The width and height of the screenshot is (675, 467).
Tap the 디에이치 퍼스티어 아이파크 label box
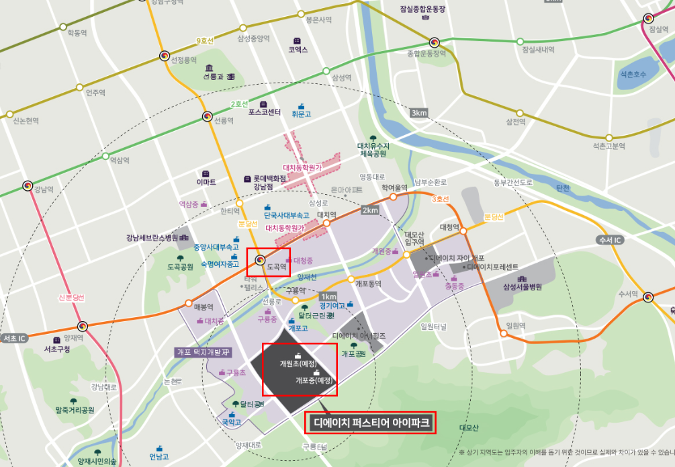371,423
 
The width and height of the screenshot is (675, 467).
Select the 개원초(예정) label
298,364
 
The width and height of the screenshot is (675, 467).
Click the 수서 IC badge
609,240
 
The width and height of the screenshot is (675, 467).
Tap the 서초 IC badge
14,337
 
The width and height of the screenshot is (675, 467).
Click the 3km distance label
419,113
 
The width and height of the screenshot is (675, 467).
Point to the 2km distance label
371,210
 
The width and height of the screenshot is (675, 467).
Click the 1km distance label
328,296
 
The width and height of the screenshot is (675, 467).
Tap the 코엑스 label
298,50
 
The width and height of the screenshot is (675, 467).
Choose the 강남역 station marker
28,185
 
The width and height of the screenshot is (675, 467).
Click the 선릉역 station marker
208,117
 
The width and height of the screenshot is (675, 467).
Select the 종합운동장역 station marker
435,42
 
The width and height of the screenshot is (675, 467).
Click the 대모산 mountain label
468,427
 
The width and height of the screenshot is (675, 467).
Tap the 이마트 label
206,182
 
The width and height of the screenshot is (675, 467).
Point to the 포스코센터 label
264,112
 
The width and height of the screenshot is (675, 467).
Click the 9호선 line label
204,41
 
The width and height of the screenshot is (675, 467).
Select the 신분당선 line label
71,297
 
